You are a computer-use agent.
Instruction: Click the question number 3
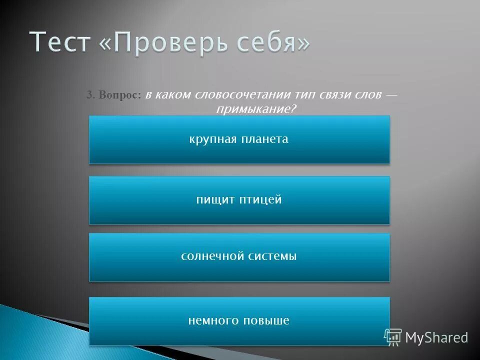click(90, 95)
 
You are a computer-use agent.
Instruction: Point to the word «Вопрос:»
click(120, 95)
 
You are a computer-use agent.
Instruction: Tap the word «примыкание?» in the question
click(253, 108)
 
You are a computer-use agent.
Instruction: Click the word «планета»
click(265, 139)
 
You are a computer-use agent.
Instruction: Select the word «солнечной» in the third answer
click(211, 256)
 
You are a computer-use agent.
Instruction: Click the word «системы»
click(273, 256)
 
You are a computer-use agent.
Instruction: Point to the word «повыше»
click(266, 320)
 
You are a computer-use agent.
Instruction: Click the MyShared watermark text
click(436, 338)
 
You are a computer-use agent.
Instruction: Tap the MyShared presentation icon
click(393, 337)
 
